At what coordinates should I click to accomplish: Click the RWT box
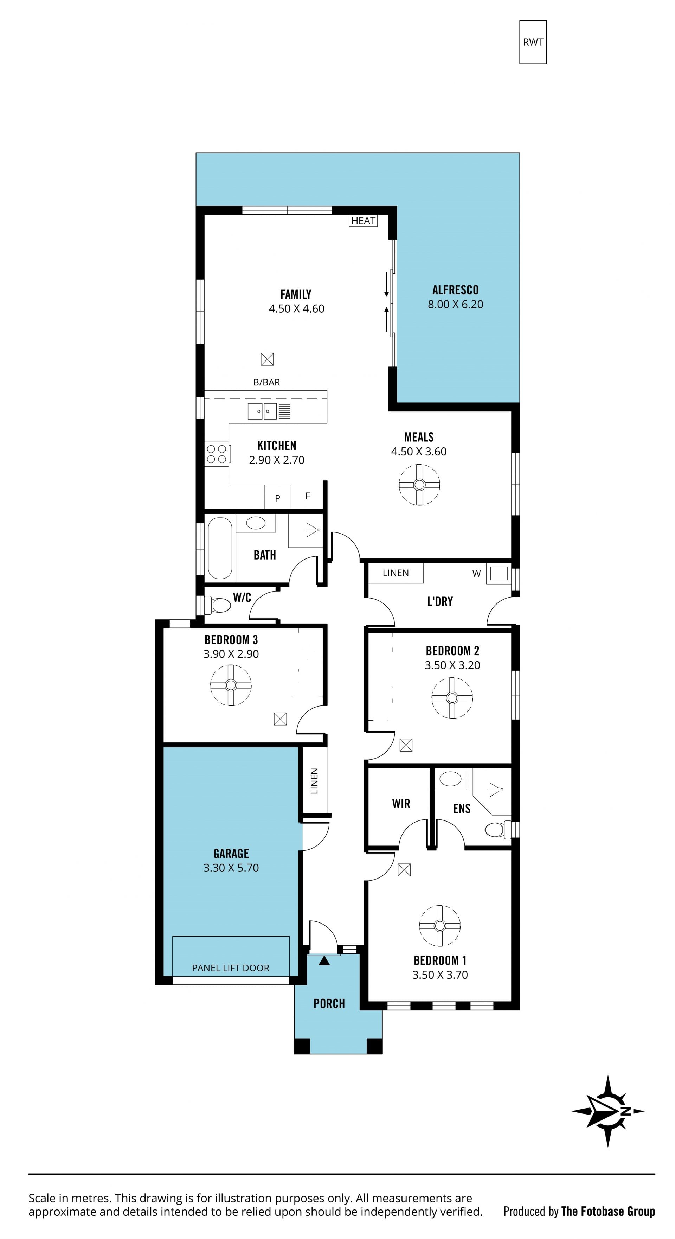[533, 42]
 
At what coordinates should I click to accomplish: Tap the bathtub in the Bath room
[220, 548]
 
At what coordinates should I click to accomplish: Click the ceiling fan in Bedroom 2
[452, 697]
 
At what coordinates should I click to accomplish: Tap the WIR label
[401, 804]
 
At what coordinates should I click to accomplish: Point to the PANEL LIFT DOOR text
[231, 968]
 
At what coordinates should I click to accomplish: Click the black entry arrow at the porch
[324, 960]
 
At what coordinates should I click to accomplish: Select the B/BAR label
[267, 382]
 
